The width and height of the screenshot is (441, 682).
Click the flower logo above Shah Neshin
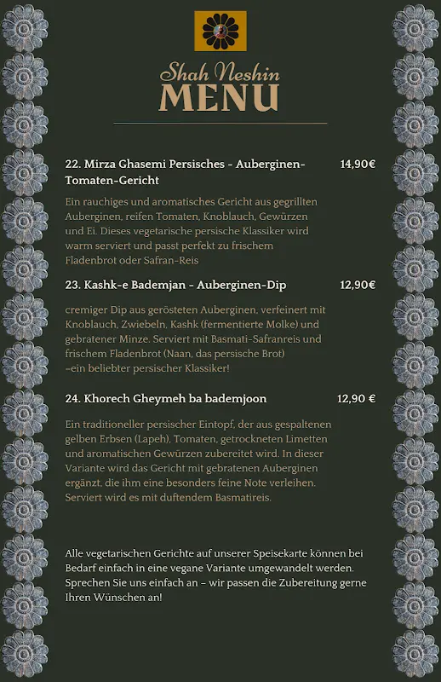click(220, 31)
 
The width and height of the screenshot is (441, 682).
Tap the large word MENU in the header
click(220, 97)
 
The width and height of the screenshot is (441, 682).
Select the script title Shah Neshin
click(220, 72)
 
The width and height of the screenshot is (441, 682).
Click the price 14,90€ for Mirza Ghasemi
click(358, 164)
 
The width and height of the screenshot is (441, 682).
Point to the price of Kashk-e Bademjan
click(358, 285)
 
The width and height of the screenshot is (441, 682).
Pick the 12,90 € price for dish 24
click(357, 398)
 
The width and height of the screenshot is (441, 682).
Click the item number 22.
click(72, 164)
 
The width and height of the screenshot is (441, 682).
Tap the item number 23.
click(72, 285)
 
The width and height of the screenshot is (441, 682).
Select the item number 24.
click(72, 398)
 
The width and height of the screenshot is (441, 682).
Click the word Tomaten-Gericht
click(112, 181)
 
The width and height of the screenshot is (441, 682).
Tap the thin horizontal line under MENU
click(220, 124)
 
